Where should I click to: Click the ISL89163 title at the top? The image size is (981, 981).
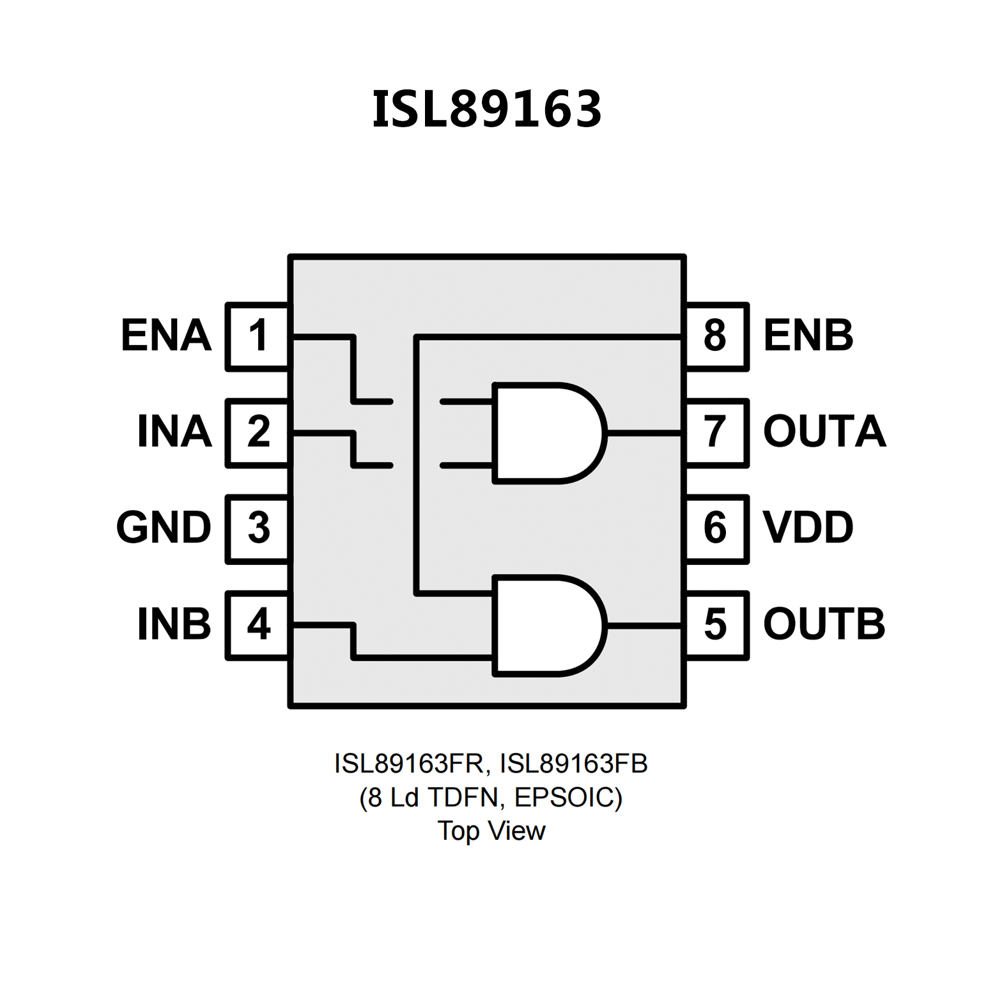click(487, 109)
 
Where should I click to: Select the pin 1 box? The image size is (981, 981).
click(258, 336)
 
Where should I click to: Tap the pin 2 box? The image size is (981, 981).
click(258, 433)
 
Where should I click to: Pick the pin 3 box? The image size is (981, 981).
click(258, 529)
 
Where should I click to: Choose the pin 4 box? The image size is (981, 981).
click(258, 624)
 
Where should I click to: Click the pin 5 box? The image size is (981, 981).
click(716, 624)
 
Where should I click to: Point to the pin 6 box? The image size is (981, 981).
click(716, 529)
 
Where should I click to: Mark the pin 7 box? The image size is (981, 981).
click(716, 433)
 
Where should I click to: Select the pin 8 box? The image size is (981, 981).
click(716, 336)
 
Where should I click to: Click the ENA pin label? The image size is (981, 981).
click(166, 336)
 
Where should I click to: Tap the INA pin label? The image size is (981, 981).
click(174, 432)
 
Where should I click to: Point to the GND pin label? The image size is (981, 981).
click(164, 528)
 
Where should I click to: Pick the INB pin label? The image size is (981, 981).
click(174, 624)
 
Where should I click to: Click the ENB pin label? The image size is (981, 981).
click(808, 336)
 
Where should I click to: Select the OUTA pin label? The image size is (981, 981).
click(824, 432)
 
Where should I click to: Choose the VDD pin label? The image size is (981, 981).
click(808, 528)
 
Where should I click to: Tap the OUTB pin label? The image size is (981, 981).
click(824, 624)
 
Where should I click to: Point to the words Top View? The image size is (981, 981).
click(491, 831)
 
